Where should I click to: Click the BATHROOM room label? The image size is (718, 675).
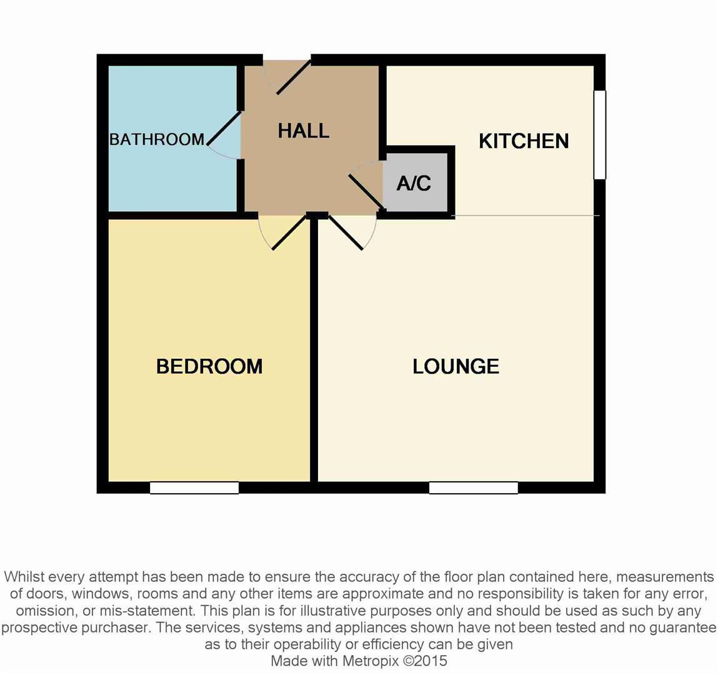click(156, 139)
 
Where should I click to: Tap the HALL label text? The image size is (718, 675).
click(303, 131)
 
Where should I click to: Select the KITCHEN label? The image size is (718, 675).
click(524, 141)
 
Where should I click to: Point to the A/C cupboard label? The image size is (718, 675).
click(414, 183)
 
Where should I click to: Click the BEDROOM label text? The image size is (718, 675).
click(209, 366)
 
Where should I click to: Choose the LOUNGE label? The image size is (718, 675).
click(456, 366)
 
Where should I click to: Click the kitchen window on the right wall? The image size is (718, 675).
click(600, 135)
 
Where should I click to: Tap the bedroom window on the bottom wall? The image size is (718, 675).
click(194, 487)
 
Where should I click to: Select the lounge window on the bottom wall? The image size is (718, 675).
click(474, 487)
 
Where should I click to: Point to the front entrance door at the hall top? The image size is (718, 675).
click(292, 77)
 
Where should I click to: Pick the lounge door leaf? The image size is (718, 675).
click(346, 232)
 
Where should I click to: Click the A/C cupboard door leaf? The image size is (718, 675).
click(366, 190)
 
